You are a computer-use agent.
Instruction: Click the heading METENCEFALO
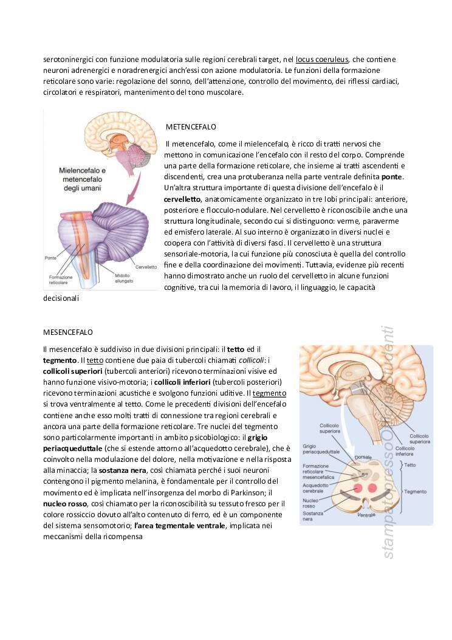coord(191,127)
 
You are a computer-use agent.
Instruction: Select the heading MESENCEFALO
coord(68,332)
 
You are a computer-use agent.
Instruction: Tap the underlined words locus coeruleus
coord(322,60)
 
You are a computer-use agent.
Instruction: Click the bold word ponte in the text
coord(392,177)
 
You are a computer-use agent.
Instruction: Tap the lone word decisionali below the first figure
coord(61,299)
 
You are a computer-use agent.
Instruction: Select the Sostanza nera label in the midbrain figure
coord(313,515)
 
